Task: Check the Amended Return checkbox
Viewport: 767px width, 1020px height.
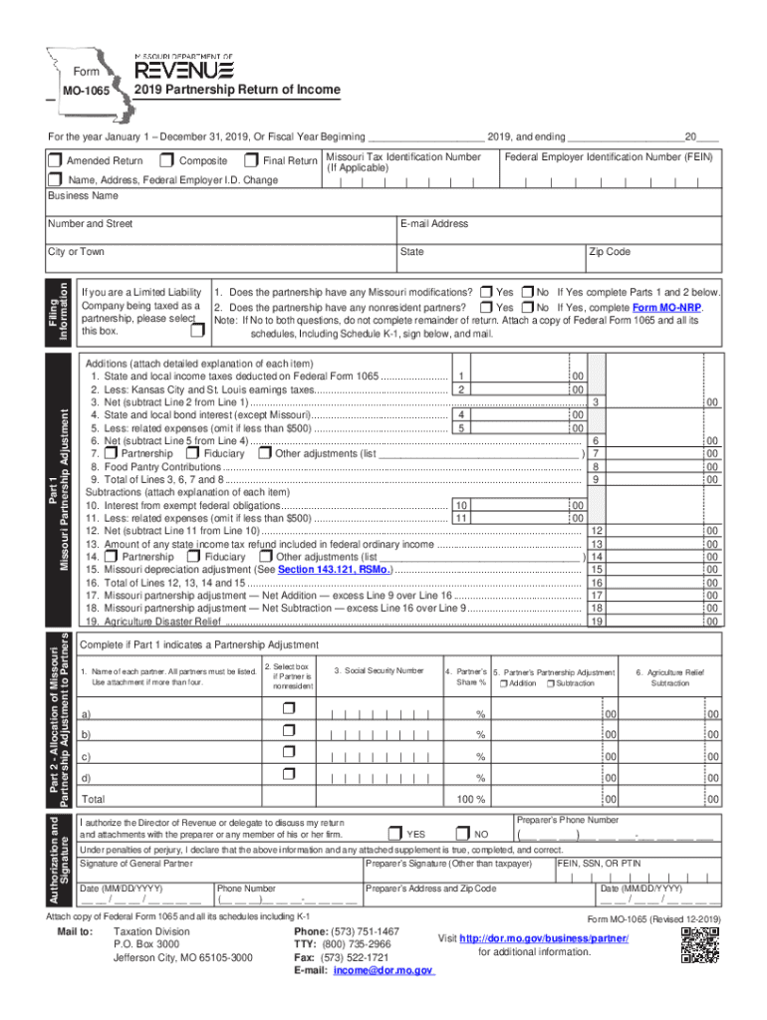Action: [56, 160]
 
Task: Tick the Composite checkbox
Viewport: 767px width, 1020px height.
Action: [167, 160]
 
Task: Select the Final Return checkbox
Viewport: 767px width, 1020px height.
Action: [252, 160]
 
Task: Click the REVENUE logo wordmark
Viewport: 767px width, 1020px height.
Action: [184, 70]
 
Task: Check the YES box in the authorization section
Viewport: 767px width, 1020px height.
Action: [395, 833]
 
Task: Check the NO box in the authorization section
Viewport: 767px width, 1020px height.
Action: [462, 833]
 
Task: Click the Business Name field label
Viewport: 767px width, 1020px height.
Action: [84, 196]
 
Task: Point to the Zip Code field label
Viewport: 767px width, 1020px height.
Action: [612, 252]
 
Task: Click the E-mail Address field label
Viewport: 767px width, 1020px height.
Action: [434, 224]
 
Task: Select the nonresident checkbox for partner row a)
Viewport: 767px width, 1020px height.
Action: [290, 708]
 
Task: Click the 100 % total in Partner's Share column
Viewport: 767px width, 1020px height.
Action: [470, 799]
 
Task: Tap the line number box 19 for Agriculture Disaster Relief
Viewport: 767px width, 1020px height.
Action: [596, 622]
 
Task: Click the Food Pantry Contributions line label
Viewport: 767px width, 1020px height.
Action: [149, 466]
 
